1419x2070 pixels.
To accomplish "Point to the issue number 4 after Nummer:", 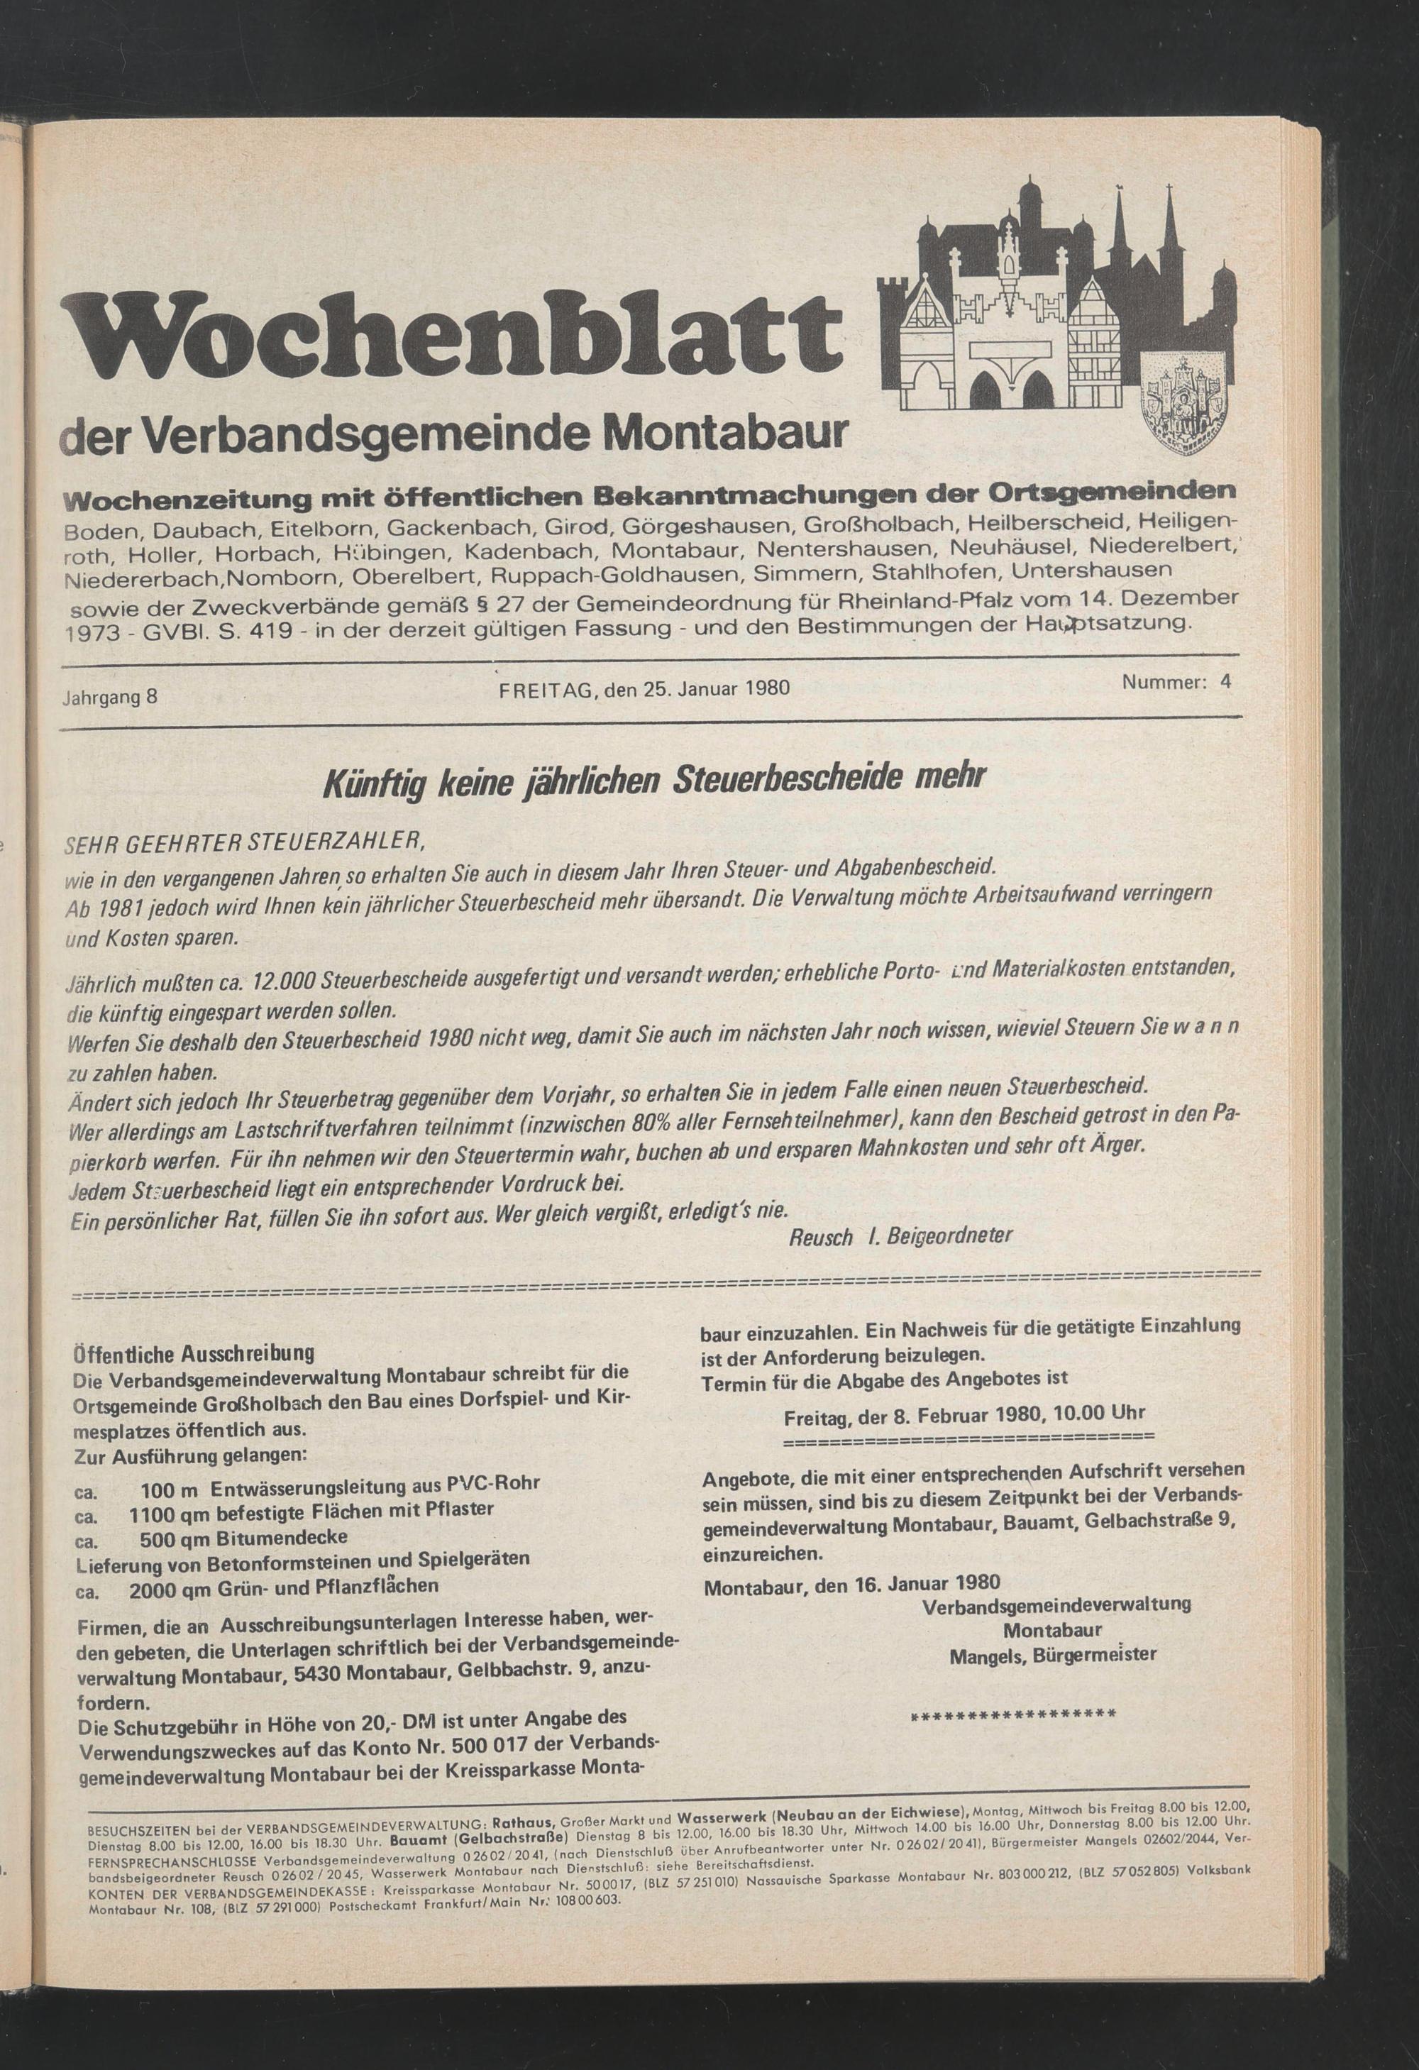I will pos(1226,682).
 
